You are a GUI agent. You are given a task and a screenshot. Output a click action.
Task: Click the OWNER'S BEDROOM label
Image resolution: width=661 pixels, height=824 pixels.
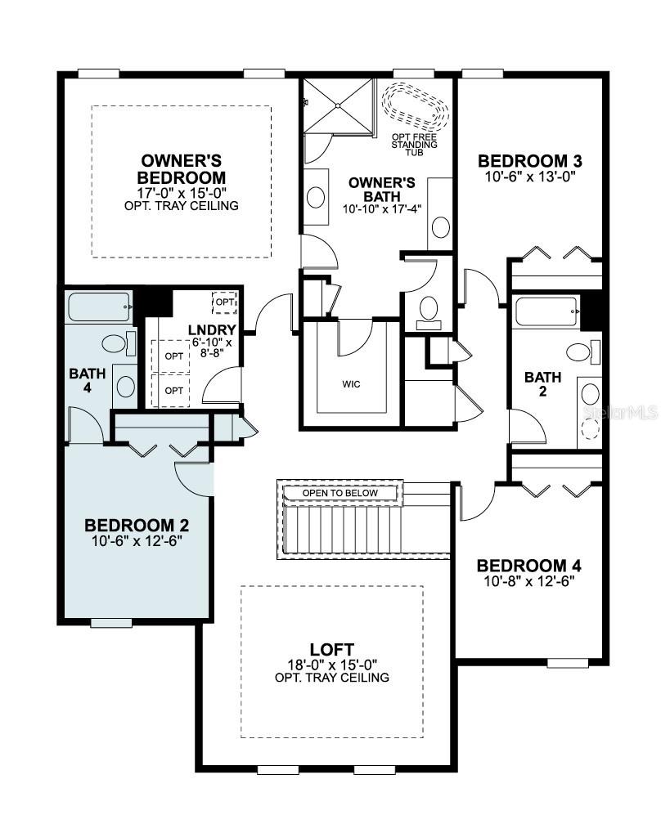click(182, 168)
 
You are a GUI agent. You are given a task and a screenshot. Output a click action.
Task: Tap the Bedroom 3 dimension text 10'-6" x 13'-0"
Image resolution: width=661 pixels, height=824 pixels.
click(534, 177)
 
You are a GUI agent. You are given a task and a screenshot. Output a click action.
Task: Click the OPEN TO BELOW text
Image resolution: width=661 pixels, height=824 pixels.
click(340, 493)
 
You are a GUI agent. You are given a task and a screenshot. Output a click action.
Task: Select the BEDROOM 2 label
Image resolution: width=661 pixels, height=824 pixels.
click(142, 525)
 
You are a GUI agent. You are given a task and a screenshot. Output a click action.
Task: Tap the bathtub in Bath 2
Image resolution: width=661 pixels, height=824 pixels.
click(545, 313)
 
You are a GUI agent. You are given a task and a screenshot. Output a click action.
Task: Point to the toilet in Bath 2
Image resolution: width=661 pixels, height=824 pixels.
click(581, 353)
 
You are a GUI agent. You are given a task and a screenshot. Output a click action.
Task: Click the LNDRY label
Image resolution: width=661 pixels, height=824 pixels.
click(211, 329)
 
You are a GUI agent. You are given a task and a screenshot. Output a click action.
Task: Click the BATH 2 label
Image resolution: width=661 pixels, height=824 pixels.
click(543, 385)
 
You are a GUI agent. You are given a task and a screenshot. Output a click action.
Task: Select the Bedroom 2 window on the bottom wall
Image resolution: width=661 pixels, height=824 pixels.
click(110, 623)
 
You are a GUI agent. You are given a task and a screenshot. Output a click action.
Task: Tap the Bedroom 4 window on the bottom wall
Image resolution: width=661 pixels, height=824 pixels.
click(567, 662)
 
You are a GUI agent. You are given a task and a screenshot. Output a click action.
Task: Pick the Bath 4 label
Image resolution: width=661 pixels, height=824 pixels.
click(88, 381)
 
